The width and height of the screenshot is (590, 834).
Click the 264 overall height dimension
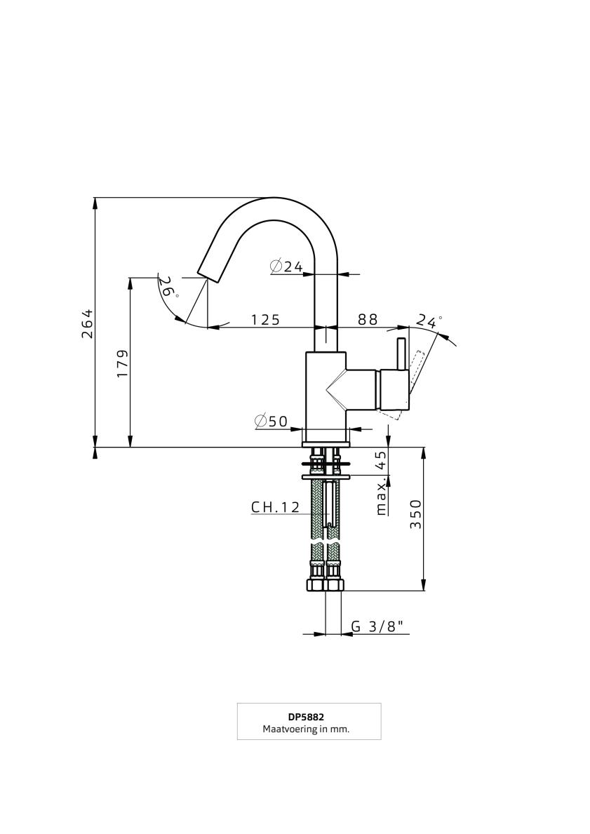(87, 323)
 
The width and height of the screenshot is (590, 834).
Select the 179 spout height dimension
(122, 363)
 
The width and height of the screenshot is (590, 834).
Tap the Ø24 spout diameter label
(286, 266)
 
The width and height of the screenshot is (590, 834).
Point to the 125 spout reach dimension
(265, 319)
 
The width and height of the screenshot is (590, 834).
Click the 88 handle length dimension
(368, 319)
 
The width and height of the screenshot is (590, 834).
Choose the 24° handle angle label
(429, 321)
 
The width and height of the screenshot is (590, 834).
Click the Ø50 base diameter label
(271, 422)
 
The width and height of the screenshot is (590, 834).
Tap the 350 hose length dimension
(415, 514)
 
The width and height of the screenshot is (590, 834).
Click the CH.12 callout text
(276, 507)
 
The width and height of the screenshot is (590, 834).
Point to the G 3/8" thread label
(380, 626)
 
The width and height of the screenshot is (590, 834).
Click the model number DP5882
(309, 717)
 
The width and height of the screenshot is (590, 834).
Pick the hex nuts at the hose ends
(326, 584)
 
